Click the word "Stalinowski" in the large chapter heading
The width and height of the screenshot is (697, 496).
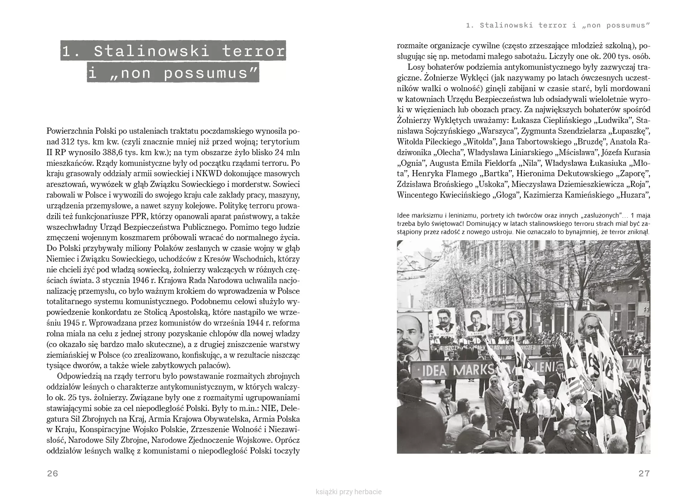pyautogui.click(x=152, y=51)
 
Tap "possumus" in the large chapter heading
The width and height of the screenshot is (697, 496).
pyautogui.click(x=210, y=73)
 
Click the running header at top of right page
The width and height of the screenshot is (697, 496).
pyautogui.click(x=558, y=25)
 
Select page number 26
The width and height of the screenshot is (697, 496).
pyautogui.click(x=53, y=473)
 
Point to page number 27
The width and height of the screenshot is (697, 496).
pyautogui.click(x=644, y=473)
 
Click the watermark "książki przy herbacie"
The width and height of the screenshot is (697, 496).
pyautogui.click(x=349, y=492)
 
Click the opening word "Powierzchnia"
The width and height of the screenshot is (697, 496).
pyautogui.click(x=70, y=131)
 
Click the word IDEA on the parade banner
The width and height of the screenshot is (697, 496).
pyautogui.click(x=434, y=371)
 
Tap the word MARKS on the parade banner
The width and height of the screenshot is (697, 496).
pyautogui.click(x=471, y=370)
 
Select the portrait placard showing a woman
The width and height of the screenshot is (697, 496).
pyautogui.click(x=515, y=323)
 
